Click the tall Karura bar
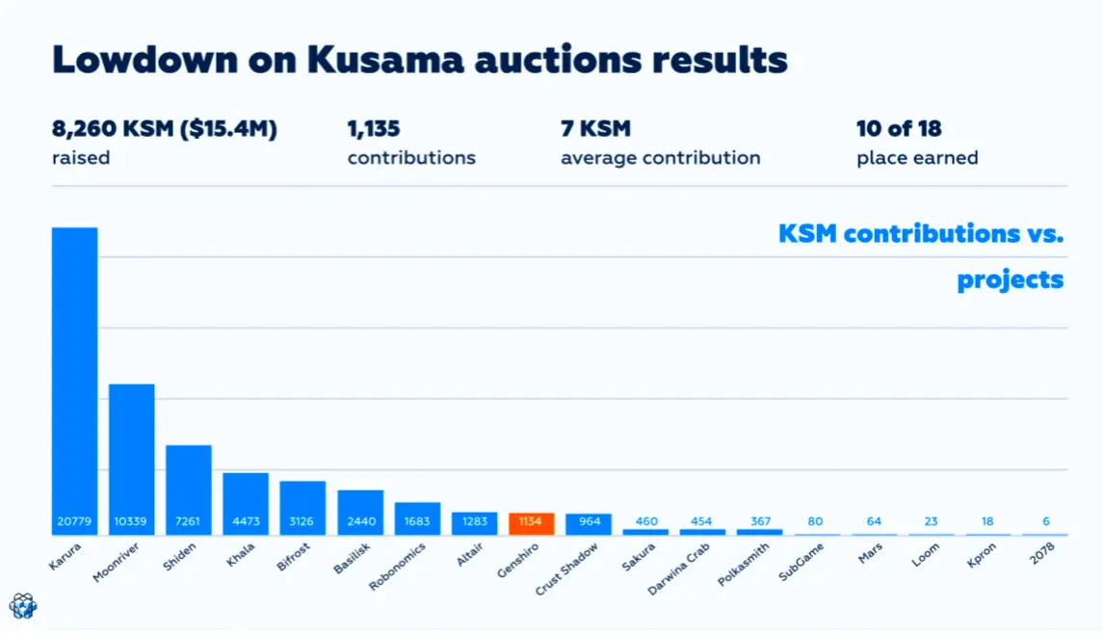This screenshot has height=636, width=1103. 74,381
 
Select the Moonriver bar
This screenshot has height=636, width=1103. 132,460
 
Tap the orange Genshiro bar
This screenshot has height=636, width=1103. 531,523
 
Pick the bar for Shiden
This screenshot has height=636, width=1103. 189,490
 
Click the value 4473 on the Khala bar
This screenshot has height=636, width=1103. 246,521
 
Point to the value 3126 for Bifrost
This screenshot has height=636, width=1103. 302,521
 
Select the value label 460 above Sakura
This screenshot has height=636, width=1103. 646,521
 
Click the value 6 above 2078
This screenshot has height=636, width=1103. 1046,521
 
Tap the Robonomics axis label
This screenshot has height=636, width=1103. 398,567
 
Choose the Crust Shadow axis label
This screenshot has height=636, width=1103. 566,569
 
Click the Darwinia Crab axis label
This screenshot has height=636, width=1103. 679,570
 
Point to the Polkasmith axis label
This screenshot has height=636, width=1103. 743,565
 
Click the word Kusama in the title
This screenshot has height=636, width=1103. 385,60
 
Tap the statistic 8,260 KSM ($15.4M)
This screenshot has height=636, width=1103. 165,129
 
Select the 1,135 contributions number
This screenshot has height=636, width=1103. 374,129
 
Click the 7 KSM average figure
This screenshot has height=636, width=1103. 596,129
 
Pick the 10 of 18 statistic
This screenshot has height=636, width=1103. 899,129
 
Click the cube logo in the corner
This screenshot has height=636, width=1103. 22,606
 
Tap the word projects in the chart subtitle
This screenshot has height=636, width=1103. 1011,280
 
